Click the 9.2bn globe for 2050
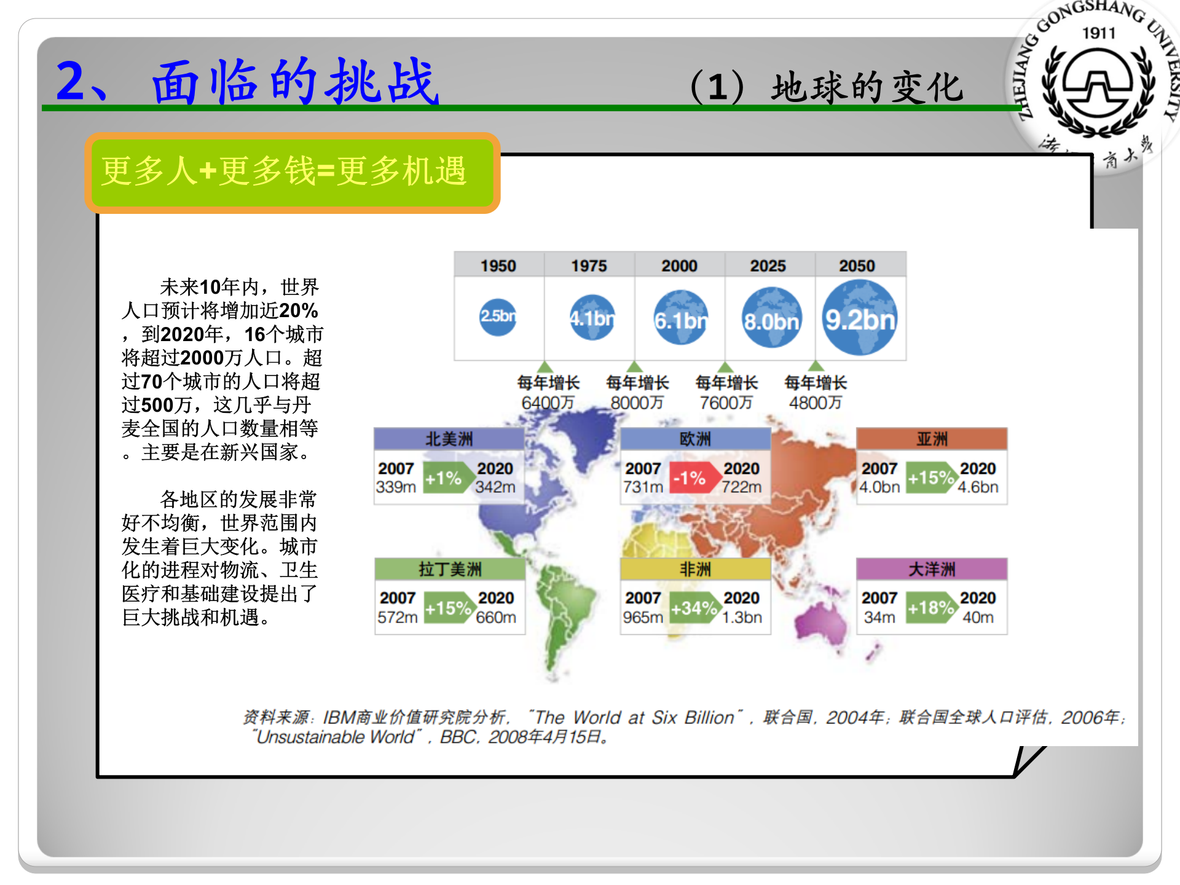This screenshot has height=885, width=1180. [x=860, y=318]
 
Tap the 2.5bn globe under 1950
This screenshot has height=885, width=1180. [x=497, y=317]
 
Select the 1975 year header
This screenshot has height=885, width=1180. [x=589, y=265]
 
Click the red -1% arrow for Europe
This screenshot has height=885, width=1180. [x=691, y=478]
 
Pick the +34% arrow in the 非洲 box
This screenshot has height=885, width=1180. [x=694, y=608]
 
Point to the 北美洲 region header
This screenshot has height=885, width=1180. [x=449, y=439]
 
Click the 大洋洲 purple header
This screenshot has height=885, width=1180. [x=932, y=569]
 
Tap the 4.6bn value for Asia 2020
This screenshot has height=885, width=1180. [x=978, y=487]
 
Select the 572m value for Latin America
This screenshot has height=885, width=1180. [x=397, y=617]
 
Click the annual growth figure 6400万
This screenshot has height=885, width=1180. [x=548, y=403]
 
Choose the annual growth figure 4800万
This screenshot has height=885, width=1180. [x=815, y=403]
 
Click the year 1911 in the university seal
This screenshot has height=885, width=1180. [x=1098, y=33]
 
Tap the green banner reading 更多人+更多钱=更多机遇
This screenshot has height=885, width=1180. [x=293, y=172]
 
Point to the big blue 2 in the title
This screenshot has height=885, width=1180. [x=73, y=81]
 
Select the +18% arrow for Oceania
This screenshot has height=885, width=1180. [x=930, y=608]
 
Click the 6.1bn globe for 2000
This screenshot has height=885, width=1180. [x=680, y=318]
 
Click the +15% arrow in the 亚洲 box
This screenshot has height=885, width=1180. [x=930, y=478]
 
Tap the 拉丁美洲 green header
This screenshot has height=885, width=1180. [x=449, y=569]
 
